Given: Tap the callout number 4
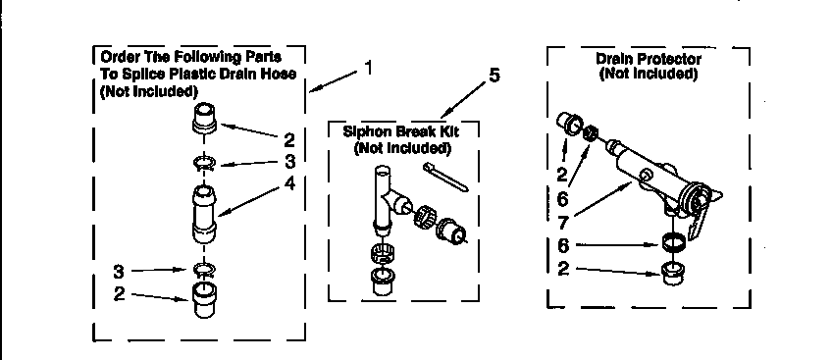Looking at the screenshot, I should point(288,182).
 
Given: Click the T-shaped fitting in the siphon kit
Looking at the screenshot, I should point(385,197).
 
